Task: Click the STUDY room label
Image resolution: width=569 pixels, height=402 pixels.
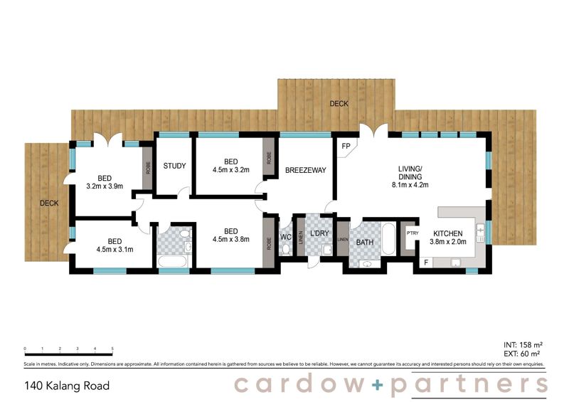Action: pyautogui.click(x=174, y=166)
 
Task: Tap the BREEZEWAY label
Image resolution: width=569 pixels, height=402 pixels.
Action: pyautogui.click(x=305, y=171)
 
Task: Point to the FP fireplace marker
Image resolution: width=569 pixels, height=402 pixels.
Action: pyautogui.click(x=346, y=147)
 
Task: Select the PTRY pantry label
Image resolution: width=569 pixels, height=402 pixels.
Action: pyautogui.click(x=411, y=233)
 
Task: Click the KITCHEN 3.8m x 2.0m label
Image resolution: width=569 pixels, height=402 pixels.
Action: pyautogui.click(x=448, y=238)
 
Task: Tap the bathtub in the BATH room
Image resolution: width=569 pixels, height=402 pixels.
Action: pyautogui.click(x=388, y=239)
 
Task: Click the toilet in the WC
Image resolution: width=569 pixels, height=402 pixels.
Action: pyautogui.click(x=285, y=248)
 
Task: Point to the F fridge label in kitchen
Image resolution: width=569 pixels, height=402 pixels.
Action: pyautogui.click(x=426, y=263)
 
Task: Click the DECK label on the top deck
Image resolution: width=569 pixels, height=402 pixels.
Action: pyautogui.click(x=339, y=104)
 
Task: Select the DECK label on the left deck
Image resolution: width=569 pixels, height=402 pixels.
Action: pyautogui.click(x=49, y=203)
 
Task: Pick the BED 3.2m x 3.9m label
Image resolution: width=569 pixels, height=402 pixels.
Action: pyautogui.click(x=105, y=182)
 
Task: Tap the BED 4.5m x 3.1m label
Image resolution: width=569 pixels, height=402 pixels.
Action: pyautogui.click(x=114, y=245)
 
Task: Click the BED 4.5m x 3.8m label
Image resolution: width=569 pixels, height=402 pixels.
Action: pyautogui.click(x=230, y=236)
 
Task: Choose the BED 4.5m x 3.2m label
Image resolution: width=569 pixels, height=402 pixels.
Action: pyautogui.click(x=230, y=166)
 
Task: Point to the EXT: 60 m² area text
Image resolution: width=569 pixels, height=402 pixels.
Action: pyautogui.click(x=523, y=354)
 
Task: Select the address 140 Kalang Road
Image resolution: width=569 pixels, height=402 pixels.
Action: pyautogui.click(x=67, y=386)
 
